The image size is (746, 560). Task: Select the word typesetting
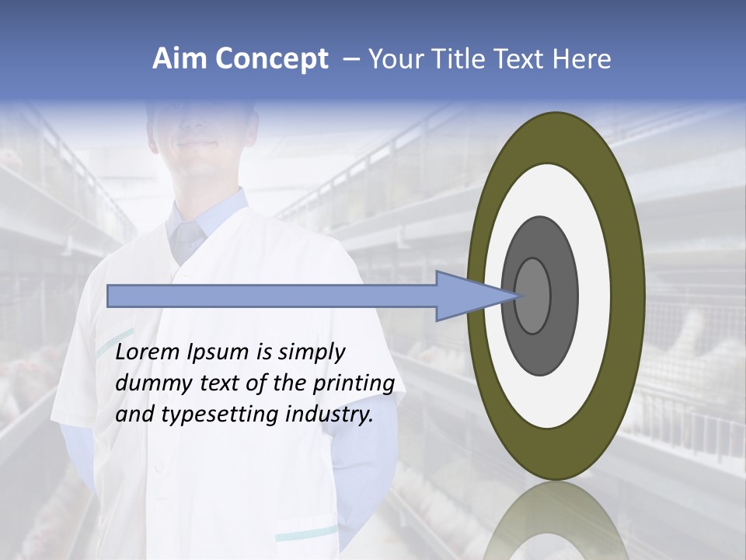tap(210, 415)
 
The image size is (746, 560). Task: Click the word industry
tap(329, 415)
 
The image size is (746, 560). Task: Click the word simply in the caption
tap(312, 353)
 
